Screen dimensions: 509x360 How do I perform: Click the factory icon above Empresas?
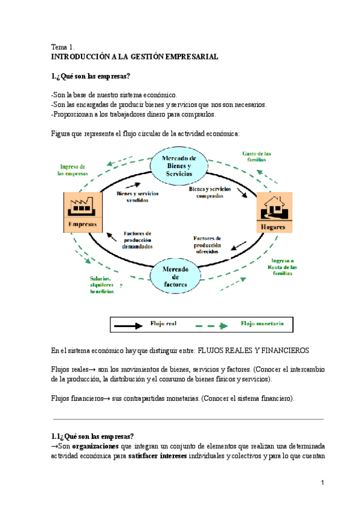coord(80,206)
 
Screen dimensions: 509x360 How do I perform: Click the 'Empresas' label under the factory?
coord(80,225)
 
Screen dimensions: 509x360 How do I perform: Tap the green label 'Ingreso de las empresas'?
coord(73,170)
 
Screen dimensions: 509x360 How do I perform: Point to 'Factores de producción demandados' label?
coord(137,239)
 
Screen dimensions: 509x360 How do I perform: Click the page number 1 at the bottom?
coord(322,484)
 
